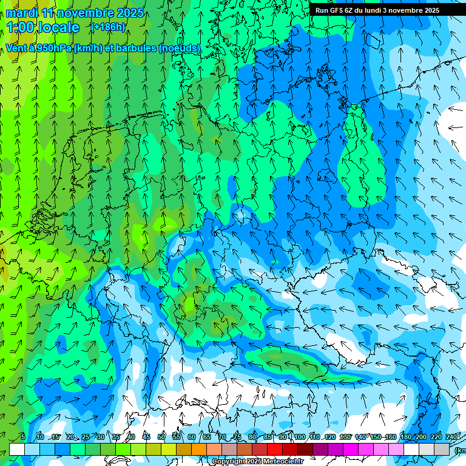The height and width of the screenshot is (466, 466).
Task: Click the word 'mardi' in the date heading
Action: (x=22, y=13)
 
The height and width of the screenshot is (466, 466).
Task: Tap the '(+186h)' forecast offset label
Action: (x=108, y=27)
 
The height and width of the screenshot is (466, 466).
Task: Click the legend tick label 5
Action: (x=22, y=437)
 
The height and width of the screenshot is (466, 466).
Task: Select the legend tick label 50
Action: (x=161, y=437)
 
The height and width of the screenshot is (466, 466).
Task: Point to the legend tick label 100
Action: (x=300, y=437)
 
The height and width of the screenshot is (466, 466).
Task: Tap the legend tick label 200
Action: (x=420, y=437)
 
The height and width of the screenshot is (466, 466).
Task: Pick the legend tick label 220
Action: (x=436, y=437)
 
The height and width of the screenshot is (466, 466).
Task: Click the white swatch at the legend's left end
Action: (x=17, y=449)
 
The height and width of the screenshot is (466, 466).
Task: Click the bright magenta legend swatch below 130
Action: (x=351, y=449)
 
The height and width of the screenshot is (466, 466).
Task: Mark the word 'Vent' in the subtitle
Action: (x=16, y=49)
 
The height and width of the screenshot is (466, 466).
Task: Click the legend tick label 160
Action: (x=391, y=437)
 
